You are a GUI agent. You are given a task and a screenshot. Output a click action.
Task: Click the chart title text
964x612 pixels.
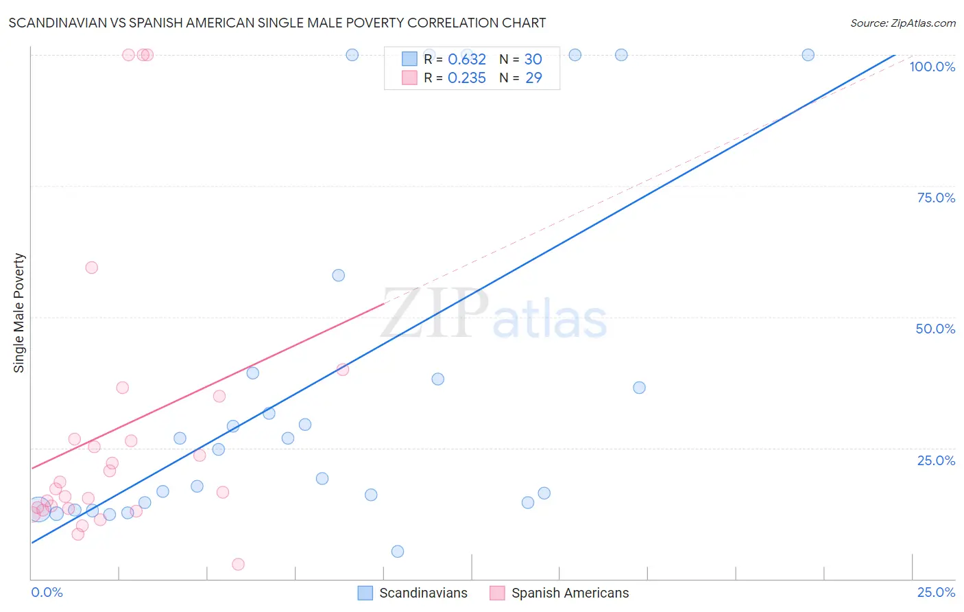[277, 23]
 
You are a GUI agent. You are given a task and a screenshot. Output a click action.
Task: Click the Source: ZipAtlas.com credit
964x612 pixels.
[902, 23]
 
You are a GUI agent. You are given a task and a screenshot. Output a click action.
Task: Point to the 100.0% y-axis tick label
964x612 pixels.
[932, 67]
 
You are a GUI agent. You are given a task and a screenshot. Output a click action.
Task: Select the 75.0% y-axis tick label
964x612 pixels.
[936, 198]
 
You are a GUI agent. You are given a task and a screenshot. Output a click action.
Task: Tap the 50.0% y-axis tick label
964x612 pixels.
[935, 329]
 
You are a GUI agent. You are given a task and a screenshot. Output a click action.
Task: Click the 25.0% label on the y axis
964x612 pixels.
[936, 460]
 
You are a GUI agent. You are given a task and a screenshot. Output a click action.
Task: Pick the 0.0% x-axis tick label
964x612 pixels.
[47, 592]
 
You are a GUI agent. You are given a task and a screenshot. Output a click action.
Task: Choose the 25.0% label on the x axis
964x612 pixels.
[936, 592]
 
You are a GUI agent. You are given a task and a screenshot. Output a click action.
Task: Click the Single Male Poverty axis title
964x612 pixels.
[19, 313]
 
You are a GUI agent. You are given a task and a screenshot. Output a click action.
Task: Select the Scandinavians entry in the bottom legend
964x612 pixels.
[423, 593]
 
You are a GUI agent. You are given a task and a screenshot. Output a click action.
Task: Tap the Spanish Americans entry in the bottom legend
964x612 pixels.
[570, 593]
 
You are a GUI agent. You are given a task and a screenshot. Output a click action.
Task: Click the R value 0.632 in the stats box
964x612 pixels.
[466, 60]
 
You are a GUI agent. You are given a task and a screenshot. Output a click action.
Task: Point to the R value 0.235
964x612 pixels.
[466, 78]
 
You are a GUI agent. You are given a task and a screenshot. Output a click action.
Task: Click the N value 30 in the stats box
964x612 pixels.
[533, 60]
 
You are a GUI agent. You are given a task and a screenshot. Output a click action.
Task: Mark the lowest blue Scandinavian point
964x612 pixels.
[398, 552]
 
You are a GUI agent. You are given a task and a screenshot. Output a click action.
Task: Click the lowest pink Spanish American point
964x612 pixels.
[239, 564]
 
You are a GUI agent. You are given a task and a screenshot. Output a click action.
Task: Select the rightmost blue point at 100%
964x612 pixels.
[808, 55]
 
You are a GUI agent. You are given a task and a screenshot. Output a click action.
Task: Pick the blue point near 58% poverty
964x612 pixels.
[338, 275]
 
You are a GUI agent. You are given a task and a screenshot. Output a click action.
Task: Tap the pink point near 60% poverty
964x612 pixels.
[92, 268]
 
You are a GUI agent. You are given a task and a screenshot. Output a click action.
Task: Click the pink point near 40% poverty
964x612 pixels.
[343, 370]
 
